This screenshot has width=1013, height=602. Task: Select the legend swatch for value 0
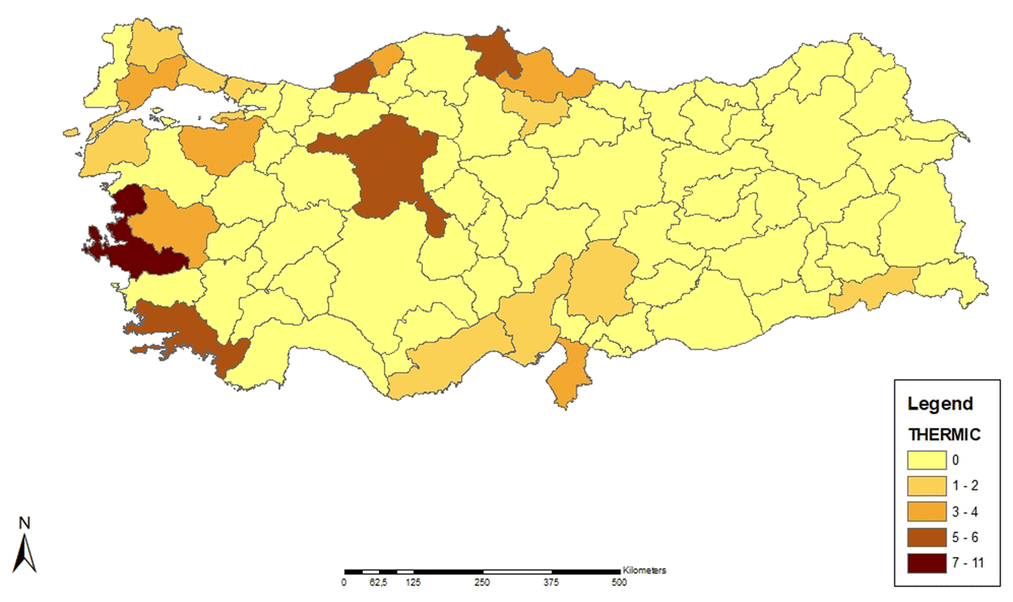pos(929,461)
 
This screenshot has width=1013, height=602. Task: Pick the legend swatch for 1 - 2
pos(929,486)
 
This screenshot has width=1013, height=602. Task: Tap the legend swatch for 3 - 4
pos(929,512)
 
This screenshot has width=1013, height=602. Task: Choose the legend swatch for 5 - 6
pos(929,537)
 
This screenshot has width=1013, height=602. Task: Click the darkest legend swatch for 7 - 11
pos(929,562)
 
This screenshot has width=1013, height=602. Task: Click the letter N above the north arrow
pos(25,523)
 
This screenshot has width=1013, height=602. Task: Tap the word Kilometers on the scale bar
pos(644,570)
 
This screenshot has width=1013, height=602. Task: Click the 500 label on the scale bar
pos(619,583)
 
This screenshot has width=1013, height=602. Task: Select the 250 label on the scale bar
pos(481,583)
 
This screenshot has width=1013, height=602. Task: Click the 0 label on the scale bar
pos(344,583)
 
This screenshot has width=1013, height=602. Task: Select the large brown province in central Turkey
pos(388,169)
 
